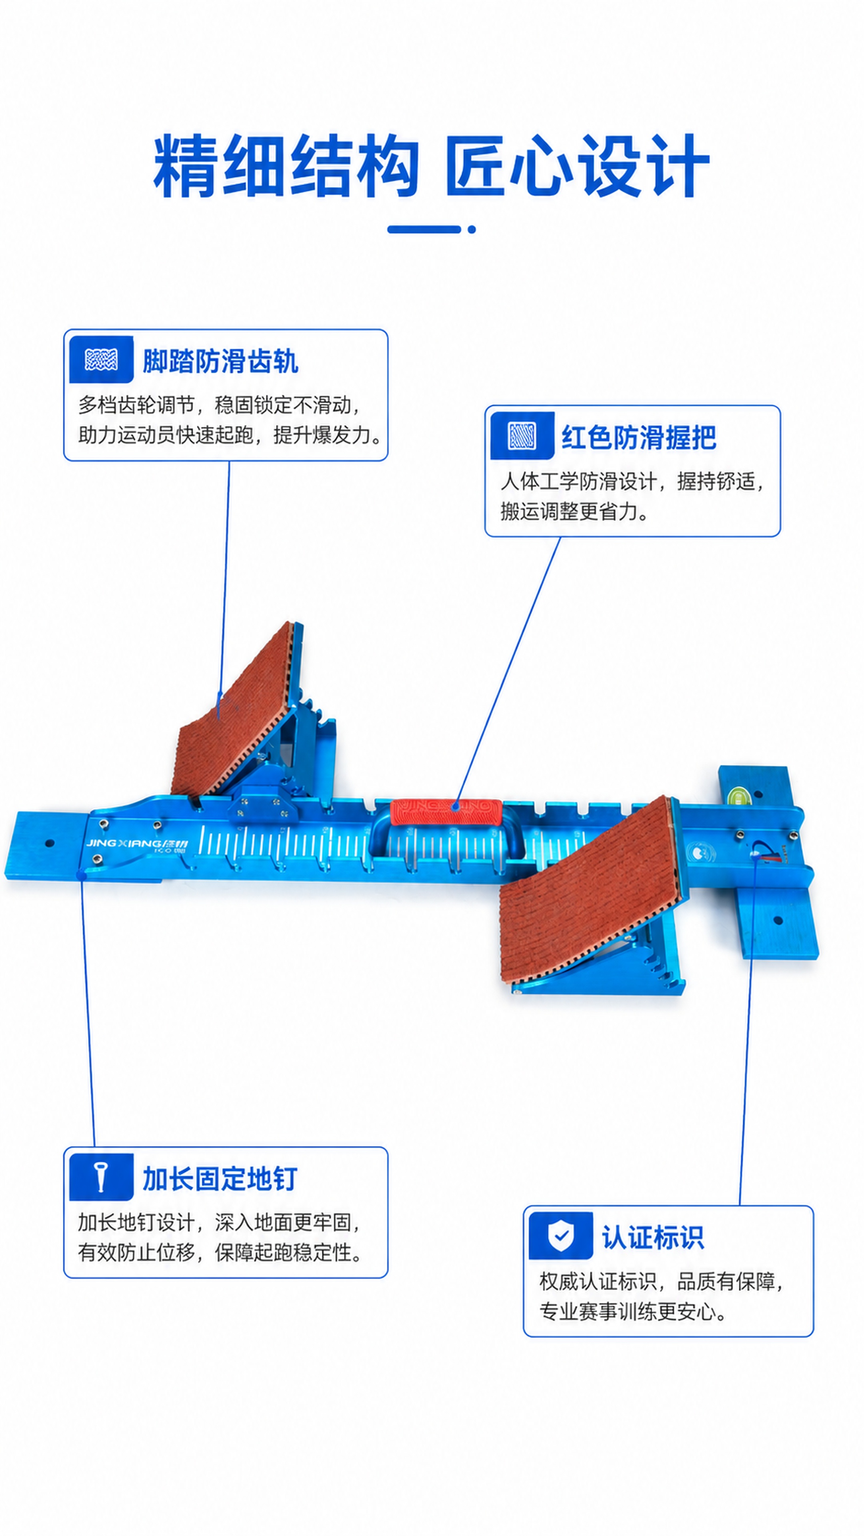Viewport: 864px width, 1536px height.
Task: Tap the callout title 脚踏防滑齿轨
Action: point(220,361)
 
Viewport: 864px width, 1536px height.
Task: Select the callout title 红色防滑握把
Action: point(639,437)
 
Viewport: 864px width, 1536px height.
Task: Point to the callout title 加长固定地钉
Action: point(220,1179)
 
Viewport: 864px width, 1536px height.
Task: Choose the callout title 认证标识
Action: point(653,1237)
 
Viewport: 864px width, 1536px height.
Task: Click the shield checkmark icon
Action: point(560,1236)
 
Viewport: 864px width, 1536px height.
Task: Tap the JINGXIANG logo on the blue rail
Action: point(136,844)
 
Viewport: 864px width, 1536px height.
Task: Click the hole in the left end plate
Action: point(50,843)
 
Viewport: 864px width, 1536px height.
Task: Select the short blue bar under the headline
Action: point(424,229)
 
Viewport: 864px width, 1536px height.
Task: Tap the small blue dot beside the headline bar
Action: point(472,229)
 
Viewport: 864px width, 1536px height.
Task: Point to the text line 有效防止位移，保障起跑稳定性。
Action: point(220,1252)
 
